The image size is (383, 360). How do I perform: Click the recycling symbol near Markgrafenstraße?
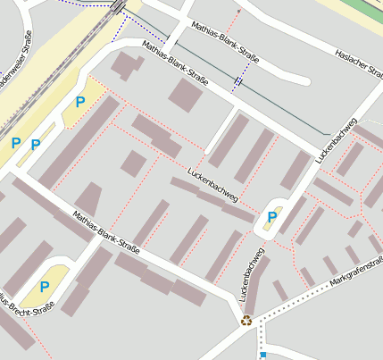tap(246, 321)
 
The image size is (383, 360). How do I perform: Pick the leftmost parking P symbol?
tap(15, 142)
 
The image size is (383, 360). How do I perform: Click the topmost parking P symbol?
tap(80, 102)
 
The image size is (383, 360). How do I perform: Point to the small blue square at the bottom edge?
tap(263, 356)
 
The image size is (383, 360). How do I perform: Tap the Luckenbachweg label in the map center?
tap(212, 185)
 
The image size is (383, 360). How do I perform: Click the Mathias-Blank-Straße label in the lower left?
tap(105, 231)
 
